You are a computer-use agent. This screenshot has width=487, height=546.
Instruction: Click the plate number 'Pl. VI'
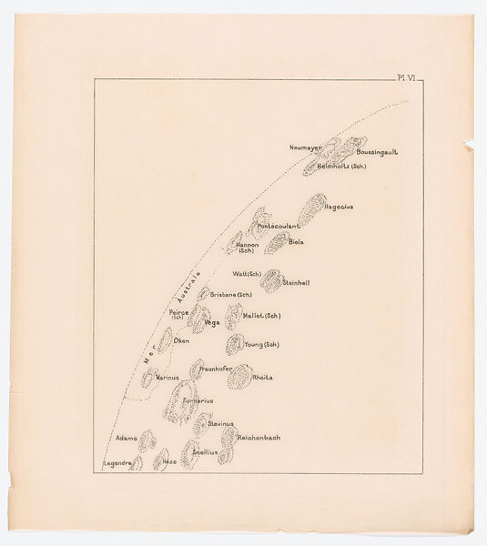(406, 80)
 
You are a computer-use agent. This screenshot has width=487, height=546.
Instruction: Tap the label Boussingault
(378, 152)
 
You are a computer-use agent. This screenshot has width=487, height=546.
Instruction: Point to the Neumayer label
(307, 147)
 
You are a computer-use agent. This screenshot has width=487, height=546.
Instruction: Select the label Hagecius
(339, 207)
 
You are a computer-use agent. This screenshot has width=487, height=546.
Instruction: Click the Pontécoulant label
(279, 226)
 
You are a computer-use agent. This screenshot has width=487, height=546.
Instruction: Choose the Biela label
(296, 242)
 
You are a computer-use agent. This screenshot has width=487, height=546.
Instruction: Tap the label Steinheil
(297, 283)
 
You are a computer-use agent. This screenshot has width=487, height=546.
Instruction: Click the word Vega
(212, 322)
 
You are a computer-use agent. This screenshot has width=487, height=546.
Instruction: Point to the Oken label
(181, 340)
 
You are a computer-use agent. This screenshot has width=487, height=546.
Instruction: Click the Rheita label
(262, 377)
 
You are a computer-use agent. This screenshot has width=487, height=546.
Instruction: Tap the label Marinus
(167, 376)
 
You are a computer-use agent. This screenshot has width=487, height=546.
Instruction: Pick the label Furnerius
(198, 399)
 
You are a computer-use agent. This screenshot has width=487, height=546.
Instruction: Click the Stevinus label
(221, 424)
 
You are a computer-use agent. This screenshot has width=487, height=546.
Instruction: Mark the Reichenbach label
(259, 438)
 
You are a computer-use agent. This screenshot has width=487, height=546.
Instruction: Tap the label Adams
(127, 439)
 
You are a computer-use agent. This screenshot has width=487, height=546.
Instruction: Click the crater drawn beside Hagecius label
(311, 209)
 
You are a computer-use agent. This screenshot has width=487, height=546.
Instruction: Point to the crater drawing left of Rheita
(238, 376)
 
